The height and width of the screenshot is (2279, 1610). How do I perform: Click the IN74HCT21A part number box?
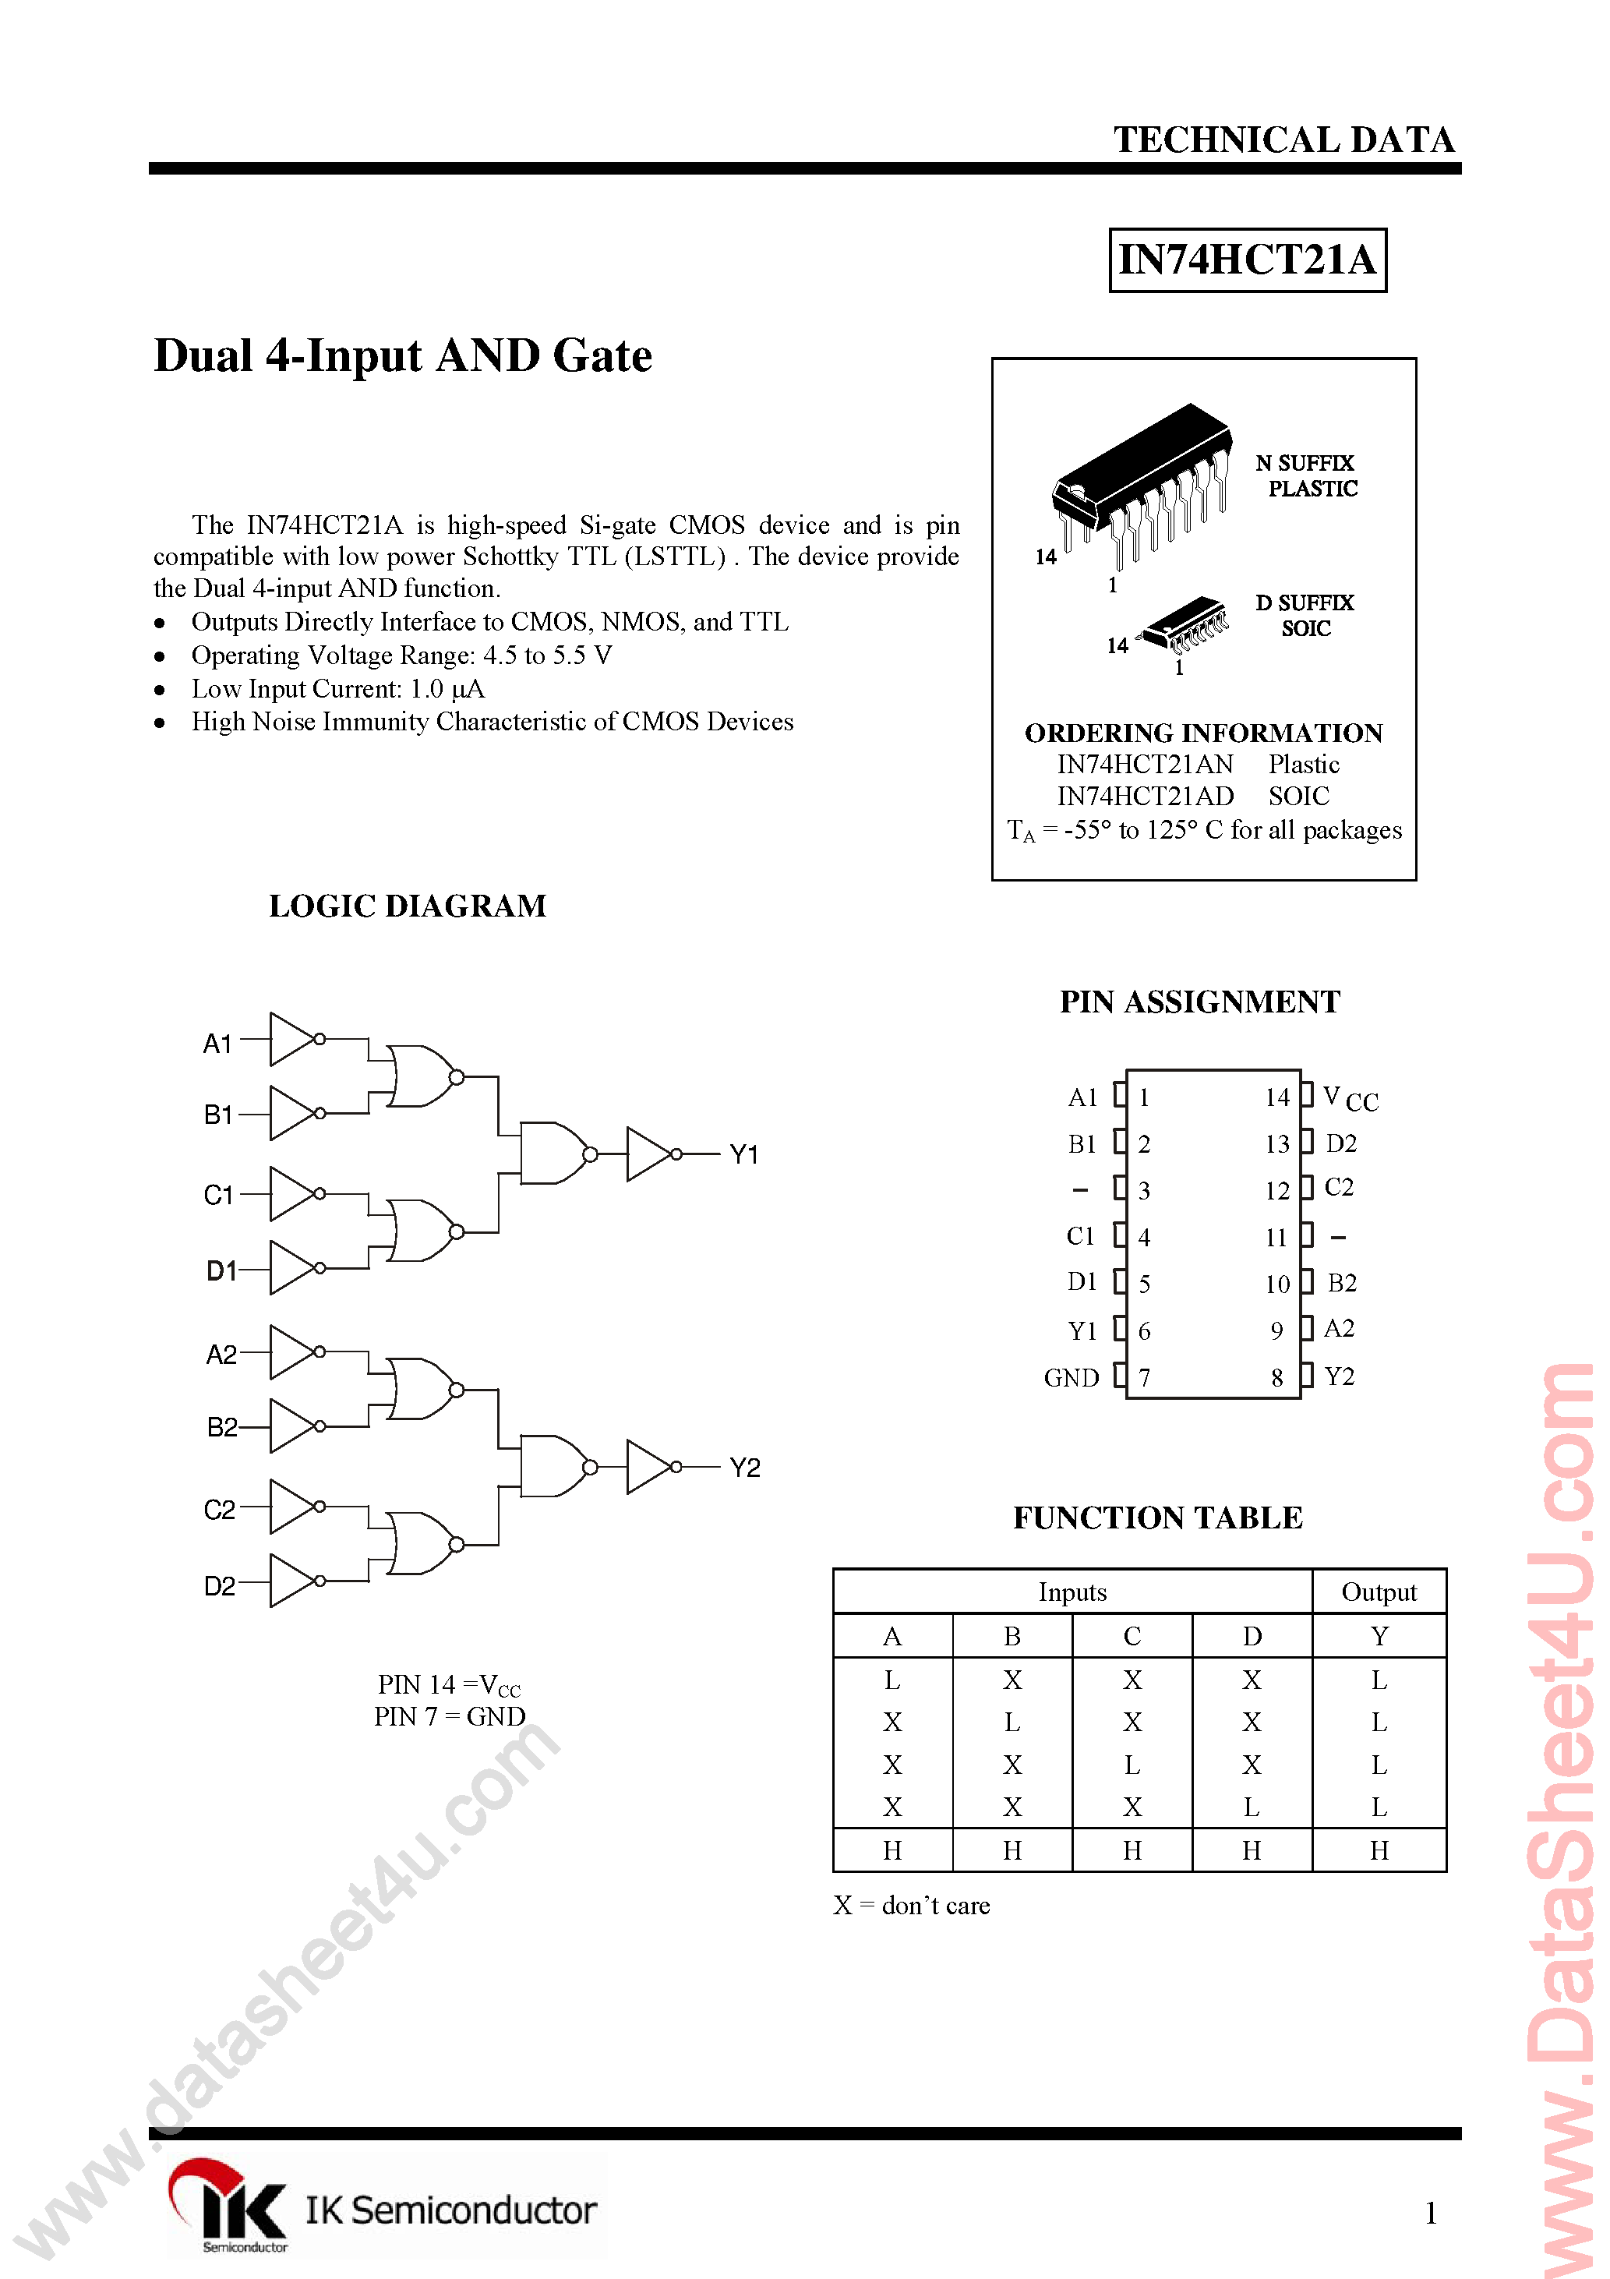coord(1247,260)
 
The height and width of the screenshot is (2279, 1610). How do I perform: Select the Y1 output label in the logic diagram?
coord(743,1154)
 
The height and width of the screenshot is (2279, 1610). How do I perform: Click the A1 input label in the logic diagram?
coord(217,1043)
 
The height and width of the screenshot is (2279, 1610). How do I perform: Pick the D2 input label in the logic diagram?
coord(219,1586)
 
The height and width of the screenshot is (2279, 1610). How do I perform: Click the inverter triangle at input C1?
coord(293,1193)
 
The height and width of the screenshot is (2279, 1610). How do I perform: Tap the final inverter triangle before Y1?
coord(648,1154)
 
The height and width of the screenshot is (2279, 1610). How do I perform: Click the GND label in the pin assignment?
coord(1071,1378)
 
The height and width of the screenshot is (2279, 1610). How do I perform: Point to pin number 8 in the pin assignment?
coord(1276,1378)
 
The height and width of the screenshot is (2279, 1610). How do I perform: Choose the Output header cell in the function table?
coord(1379,1592)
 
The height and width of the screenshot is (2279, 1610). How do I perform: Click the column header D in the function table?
coord(1252,1636)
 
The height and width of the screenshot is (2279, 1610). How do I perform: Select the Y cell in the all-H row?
coord(1379,1850)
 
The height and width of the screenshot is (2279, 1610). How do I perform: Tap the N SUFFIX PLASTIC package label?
coord(1306,475)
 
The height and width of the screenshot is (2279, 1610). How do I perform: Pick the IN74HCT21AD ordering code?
coord(1145,796)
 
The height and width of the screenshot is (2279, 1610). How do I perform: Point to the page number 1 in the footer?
coord(1430,2213)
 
